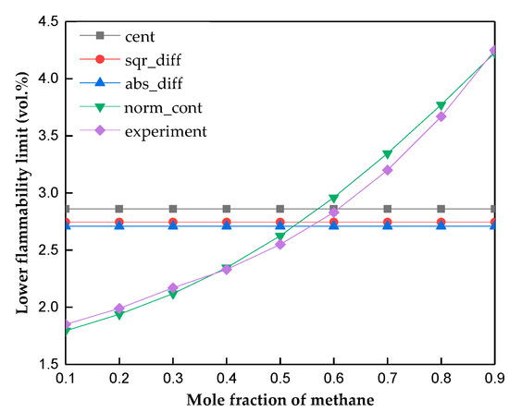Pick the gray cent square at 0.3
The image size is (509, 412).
tap(172, 209)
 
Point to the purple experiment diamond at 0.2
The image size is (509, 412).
tap(118, 309)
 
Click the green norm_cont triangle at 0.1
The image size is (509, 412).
tap(65, 332)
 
